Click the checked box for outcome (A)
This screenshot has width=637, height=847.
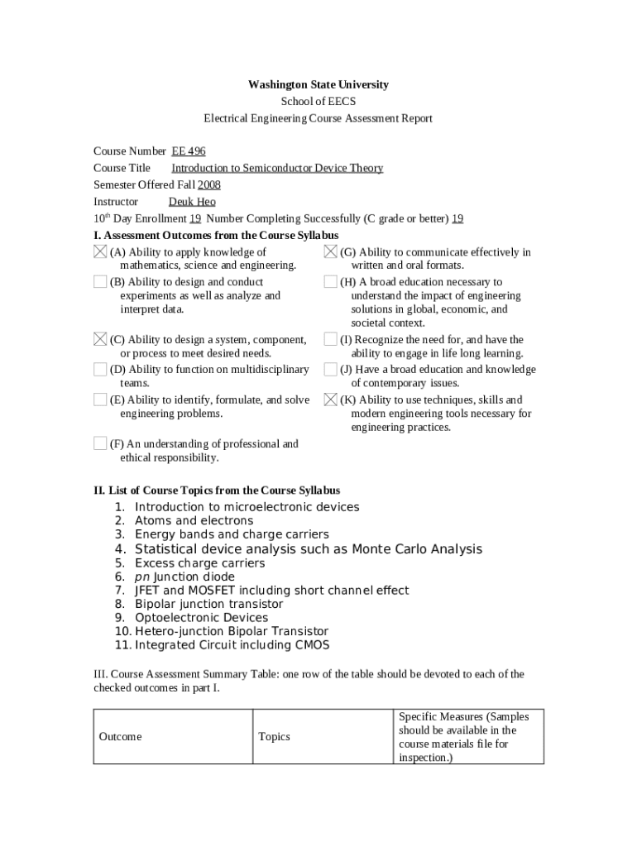click(100, 251)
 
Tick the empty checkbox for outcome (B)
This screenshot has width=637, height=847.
click(100, 282)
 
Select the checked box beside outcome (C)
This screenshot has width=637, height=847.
click(100, 339)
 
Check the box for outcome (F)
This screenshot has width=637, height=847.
click(100, 443)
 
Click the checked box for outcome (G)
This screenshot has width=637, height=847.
click(331, 251)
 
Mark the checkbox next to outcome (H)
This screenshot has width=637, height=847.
click(331, 282)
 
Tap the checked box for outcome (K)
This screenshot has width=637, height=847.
click(331, 400)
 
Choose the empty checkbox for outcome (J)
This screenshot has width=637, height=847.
click(331, 370)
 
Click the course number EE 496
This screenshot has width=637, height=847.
click(189, 151)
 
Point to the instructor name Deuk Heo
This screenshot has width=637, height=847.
click(192, 202)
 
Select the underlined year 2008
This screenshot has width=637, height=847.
click(208, 185)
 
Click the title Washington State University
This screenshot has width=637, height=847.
click(318, 84)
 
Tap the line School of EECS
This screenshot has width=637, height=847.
click(318, 102)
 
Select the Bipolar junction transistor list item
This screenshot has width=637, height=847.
click(208, 605)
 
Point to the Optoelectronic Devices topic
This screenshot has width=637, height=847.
click(201, 618)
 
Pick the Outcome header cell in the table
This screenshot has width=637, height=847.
click(121, 737)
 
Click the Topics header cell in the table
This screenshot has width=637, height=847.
click(275, 737)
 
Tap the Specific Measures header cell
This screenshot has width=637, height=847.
click(468, 737)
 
